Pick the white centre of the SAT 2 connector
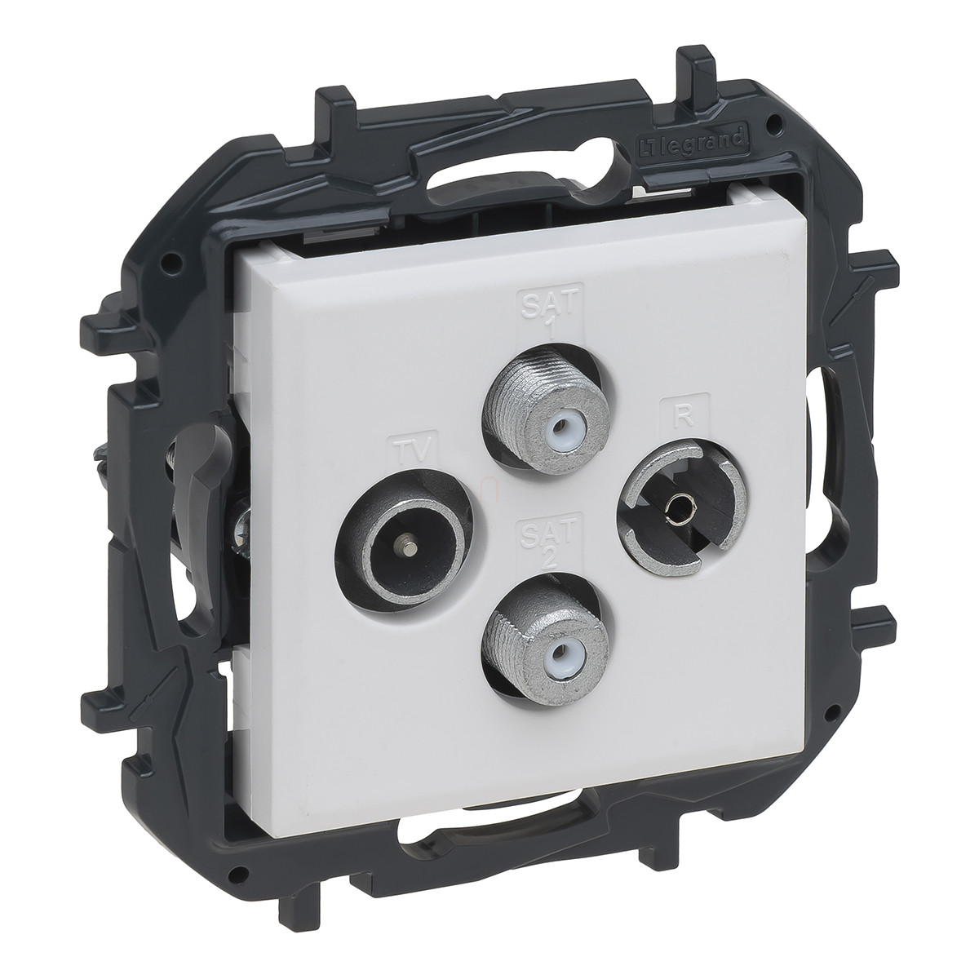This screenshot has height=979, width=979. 560,663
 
